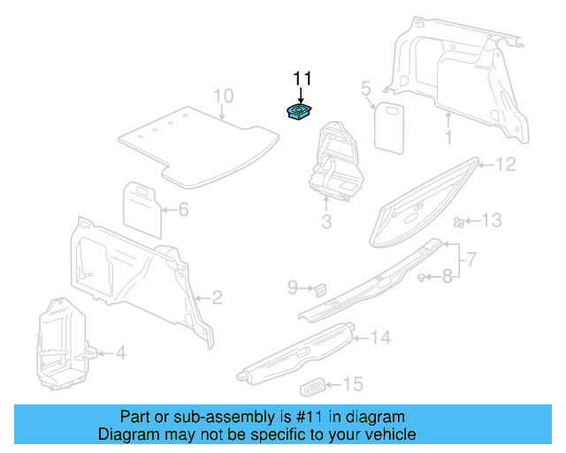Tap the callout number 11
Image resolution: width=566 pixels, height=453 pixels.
302,79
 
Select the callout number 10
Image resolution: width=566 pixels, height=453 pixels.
223,96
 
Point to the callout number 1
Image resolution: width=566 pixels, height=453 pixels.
448,137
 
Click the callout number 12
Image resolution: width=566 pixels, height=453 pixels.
504,164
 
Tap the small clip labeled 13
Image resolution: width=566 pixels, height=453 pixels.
459,220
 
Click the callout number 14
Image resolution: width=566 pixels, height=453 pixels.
380,337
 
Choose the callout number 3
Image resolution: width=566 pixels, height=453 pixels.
326,222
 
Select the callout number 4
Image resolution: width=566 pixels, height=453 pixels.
120,354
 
